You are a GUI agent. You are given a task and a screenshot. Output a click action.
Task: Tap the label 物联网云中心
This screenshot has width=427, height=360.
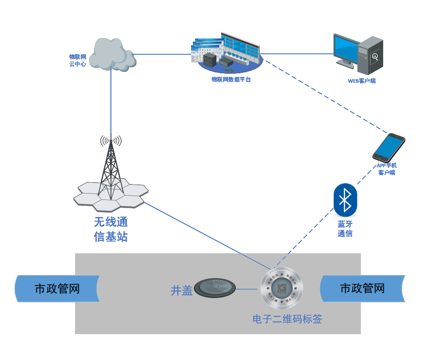pos(77,60)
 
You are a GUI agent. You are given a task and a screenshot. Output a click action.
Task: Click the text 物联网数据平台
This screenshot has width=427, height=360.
pos(231,80)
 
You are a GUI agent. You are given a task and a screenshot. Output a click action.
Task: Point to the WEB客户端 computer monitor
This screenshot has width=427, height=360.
pos(347,49)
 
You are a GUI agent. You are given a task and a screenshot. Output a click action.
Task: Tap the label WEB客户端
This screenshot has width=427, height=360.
pos(361,81)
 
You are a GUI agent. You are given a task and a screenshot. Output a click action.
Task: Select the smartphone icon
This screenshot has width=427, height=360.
pos(389,147)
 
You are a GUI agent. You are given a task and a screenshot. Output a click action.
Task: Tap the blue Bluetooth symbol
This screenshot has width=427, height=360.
pos(346,199)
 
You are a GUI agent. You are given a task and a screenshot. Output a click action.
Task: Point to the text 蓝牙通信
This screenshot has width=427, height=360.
pos(345,229)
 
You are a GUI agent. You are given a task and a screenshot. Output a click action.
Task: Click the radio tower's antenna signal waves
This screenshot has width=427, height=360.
pos(111,141)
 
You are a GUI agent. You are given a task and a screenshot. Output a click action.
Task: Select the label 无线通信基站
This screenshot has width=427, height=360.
pos(111,229)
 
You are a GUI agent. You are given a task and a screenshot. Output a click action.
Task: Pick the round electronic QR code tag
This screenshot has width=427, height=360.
pos(282,289)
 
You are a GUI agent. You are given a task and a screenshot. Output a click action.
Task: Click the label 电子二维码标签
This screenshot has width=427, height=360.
pos(287,319)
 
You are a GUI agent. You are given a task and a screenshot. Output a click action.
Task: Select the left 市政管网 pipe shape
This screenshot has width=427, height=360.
pos(57,289)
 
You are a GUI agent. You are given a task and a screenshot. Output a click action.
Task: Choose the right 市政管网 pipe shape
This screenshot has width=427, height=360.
pos(362,289)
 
